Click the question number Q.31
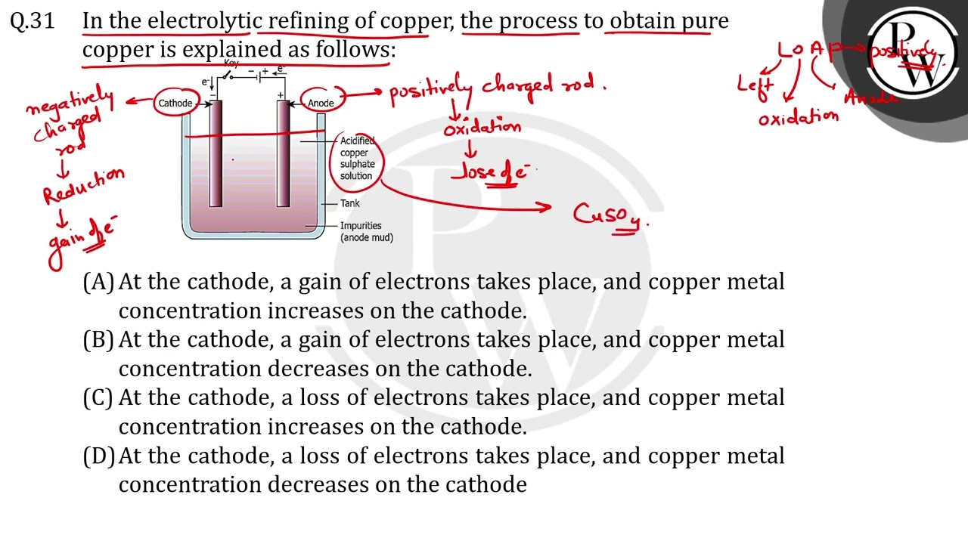pyautogui.click(x=33, y=21)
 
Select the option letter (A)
pyautogui.click(x=98, y=282)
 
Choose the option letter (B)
pyautogui.click(x=98, y=340)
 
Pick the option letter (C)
pyautogui.click(x=98, y=398)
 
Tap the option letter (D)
pyautogui.click(x=98, y=456)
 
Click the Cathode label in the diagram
pyautogui.click(x=175, y=103)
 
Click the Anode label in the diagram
pyautogui.click(x=321, y=103)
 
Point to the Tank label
pyautogui.click(x=350, y=203)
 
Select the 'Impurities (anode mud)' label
pyautogui.click(x=366, y=231)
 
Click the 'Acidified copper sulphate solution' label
pyautogui.click(x=357, y=158)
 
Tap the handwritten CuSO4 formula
pyautogui.click(x=610, y=215)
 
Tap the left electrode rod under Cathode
pyautogui.click(x=216, y=155)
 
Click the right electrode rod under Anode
pyautogui.click(x=284, y=155)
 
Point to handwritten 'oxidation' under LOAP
pyautogui.click(x=799, y=118)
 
